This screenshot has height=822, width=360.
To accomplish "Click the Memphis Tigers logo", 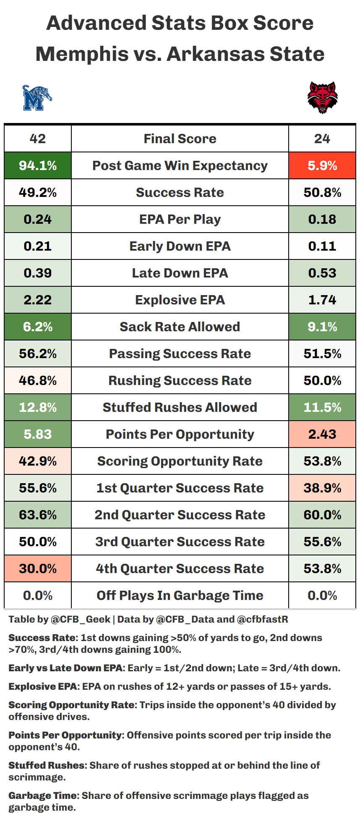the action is click(x=37, y=98).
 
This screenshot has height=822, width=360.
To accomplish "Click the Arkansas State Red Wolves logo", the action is click(x=322, y=98).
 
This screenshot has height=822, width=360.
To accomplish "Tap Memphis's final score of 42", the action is click(x=38, y=139).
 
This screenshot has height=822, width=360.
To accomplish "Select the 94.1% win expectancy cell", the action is click(x=38, y=166).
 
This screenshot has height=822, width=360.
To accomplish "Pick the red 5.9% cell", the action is click(x=322, y=166).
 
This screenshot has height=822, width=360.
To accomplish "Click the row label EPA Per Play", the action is click(x=180, y=220).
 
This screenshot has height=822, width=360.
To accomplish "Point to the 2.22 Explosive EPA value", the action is click(x=38, y=300).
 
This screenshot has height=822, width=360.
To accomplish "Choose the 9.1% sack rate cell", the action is click(x=322, y=327).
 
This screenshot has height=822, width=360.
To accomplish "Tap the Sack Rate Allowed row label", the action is click(x=180, y=327).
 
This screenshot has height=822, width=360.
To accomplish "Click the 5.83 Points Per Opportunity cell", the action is click(x=38, y=435).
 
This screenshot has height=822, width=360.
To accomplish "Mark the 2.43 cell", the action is click(x=322, y=435).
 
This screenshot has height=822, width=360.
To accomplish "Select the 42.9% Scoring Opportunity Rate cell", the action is click(x=38, y=461).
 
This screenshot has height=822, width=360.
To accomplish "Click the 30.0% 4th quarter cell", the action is click(x=38, y=569).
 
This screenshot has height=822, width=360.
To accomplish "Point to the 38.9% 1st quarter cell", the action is click(x=322, y=488).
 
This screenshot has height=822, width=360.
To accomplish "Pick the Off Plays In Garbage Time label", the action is click(x=180, y=596).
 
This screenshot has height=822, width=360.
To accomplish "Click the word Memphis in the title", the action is click(x=82, y=54).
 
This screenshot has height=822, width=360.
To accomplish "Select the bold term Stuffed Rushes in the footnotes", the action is click(x=47, y=765).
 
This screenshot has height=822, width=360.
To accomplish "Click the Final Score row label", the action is click(x=180, y=139).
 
